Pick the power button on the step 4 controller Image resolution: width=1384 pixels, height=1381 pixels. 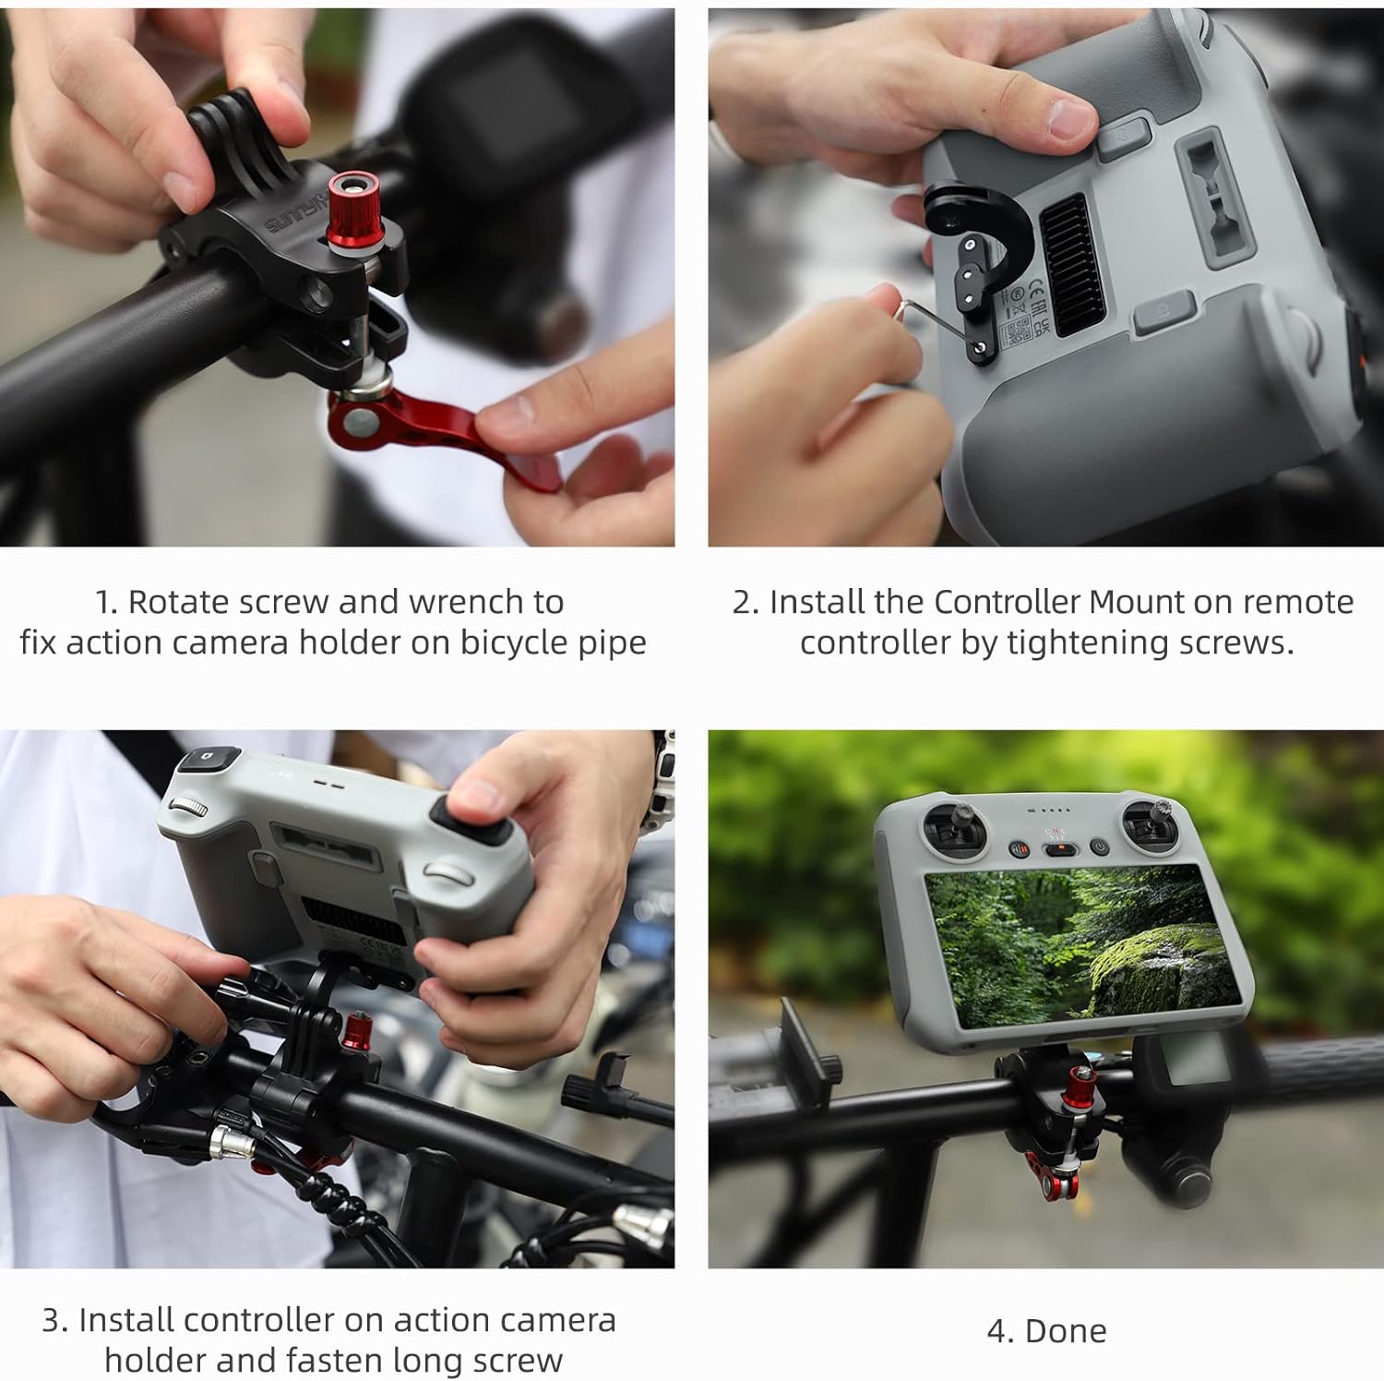pos(1098,847)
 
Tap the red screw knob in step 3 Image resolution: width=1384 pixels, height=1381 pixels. pos(356,1030)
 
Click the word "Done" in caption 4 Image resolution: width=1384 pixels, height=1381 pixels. pos(1066,1331)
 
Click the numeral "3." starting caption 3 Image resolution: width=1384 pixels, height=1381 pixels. pos(55,1320)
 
